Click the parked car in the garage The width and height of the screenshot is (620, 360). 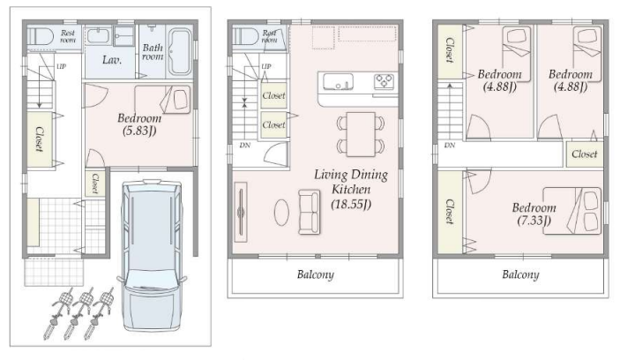pyautogui.click(x=152, y=255)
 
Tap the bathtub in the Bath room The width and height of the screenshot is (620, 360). pyautogui.click(x=180, y=52)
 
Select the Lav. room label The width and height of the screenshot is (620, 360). pyautogui.click(x=112, y=60)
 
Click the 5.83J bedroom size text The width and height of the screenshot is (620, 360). pyautogui.click(x=139, y=131)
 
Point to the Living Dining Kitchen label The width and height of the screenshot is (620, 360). pyautogui.click(x=351, y=182)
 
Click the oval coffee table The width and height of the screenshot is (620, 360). pyautogui.click(x=281, y=212)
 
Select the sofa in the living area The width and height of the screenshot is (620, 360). pyautogui.click(x=310, y=212)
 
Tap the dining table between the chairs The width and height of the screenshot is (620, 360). pyautogui.click(x=361, y=134)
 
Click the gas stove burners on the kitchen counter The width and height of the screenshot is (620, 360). pyautogui.click(x=384, y=81)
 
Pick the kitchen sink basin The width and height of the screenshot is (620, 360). pyautogui.click(x=338, y=81)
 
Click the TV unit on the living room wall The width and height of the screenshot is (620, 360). pyautogui.click(x=241, y=212)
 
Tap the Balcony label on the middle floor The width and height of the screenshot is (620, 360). pyautogui.click(x=316, y=274)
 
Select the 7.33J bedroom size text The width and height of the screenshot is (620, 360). pyautogui.click(x=534, y=221)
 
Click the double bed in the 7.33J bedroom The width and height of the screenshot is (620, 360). pyautogui.click(x=571, y=211)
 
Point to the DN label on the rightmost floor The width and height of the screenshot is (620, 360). pyautogui.click(x=450, y=146)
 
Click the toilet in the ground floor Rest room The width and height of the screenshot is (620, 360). pyautogui.click(x=41, y=36)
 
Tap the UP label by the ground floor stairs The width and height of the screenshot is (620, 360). pyautogui.click(x=61, y=66)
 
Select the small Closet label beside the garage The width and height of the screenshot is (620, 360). pyautogui.click(x=95, y=184)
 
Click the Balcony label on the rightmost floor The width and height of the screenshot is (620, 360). pyautogui.click(x=520, y=274)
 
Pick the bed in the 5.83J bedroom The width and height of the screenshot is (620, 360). pyautogui.click(x=162, y=99)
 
